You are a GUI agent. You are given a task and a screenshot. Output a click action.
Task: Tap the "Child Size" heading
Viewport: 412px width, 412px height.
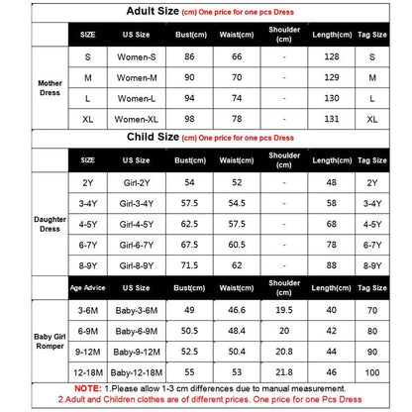click(155, 138)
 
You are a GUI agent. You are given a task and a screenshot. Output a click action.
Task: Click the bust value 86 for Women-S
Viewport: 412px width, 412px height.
click(184, 58)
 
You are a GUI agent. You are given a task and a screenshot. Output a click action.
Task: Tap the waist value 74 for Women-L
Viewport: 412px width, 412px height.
click(238, 98)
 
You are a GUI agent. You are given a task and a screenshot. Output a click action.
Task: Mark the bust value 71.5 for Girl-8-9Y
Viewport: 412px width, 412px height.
click(185, 266)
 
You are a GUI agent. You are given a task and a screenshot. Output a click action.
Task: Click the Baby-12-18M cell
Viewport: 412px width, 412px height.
click(137, 371)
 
